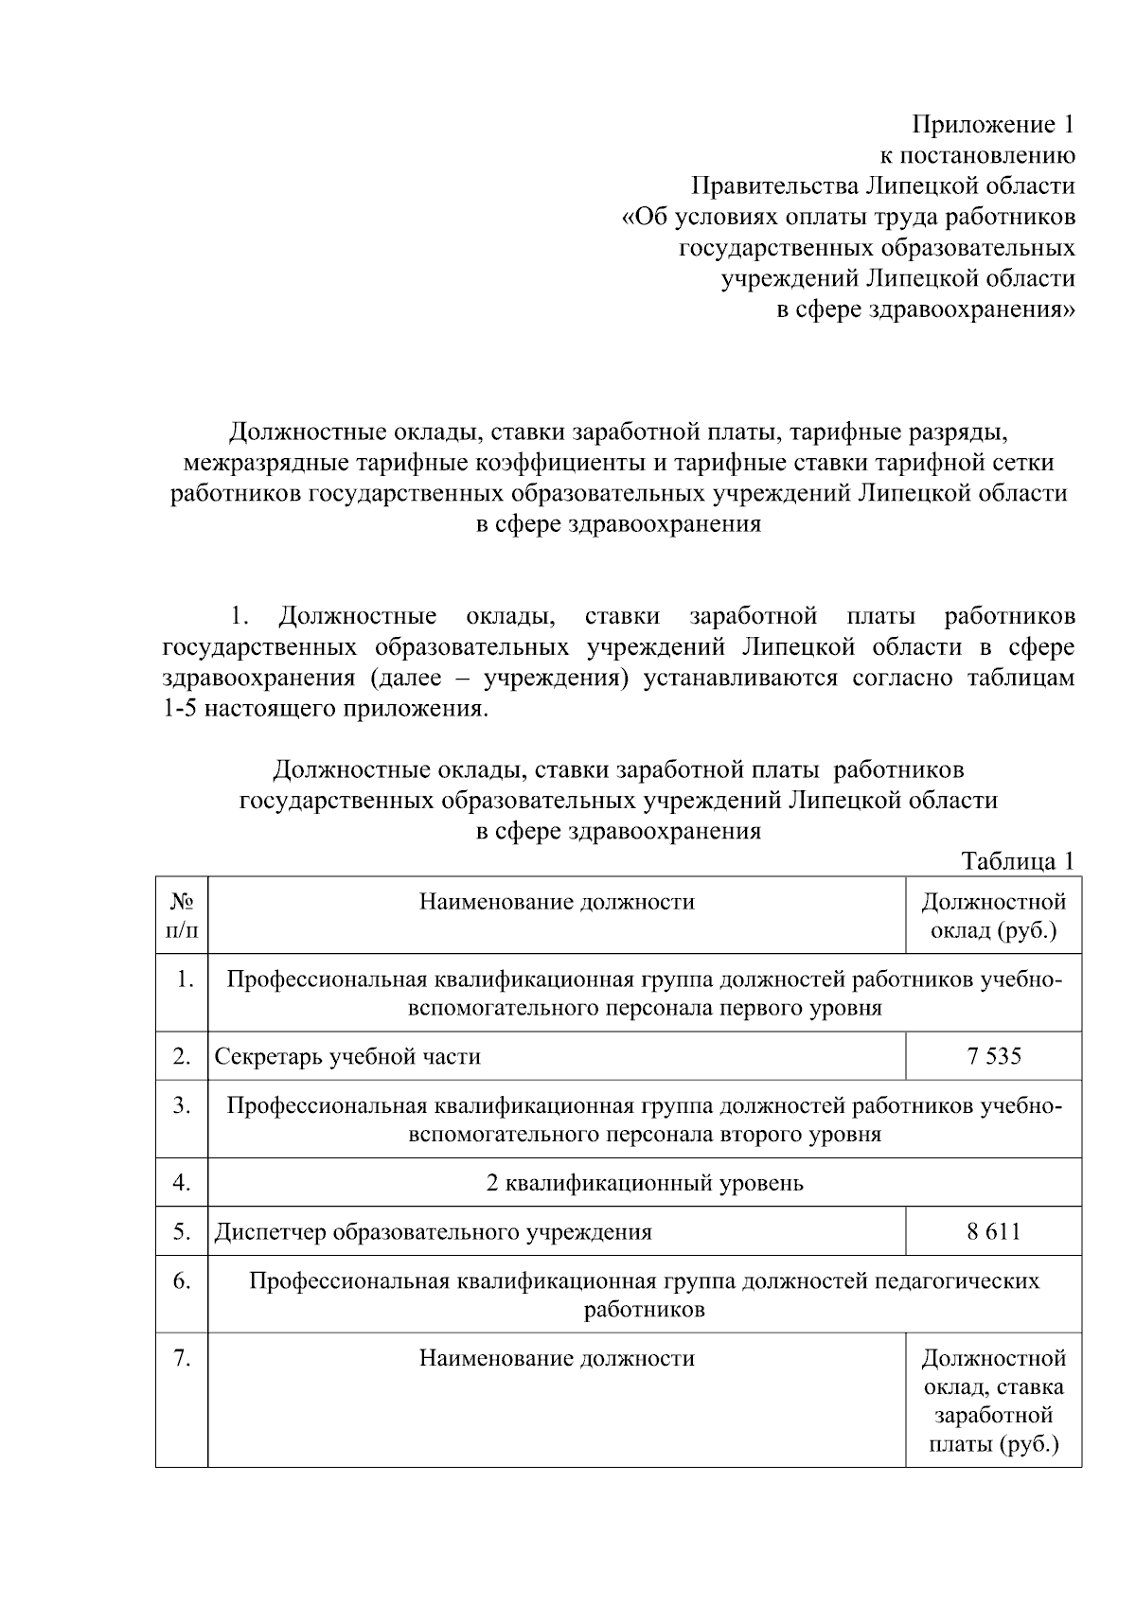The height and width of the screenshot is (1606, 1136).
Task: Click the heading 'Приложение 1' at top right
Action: [x=993, y=125]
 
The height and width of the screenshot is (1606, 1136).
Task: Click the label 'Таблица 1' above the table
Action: [x=1018, y=861]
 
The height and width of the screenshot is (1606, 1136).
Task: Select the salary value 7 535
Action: [x=994, y=1056]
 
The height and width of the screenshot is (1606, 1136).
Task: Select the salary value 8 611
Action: [x=994, y=1231]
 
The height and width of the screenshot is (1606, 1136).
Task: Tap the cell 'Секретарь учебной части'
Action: [x=347, y=1056]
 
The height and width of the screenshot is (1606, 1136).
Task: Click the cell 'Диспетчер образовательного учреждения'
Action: [x=433, y=1231]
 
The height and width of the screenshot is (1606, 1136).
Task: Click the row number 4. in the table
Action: [x=182, y=1183]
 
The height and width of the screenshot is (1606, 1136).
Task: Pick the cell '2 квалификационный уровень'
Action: [x=644, y=1183]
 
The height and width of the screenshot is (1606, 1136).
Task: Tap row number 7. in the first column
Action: [x=182, y=1359]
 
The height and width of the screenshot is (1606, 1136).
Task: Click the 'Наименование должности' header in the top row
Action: [x=557, y=902]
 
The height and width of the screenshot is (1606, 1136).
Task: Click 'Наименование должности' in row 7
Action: [x=557, y=1359]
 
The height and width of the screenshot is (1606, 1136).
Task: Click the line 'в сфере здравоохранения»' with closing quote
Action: [x=925, y=309]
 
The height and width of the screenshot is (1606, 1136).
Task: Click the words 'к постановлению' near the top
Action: [x=977, y=155]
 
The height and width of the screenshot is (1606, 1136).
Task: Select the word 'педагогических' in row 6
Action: [x=956, y=1280]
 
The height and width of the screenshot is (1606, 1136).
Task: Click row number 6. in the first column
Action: [x=182, y=1280]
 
